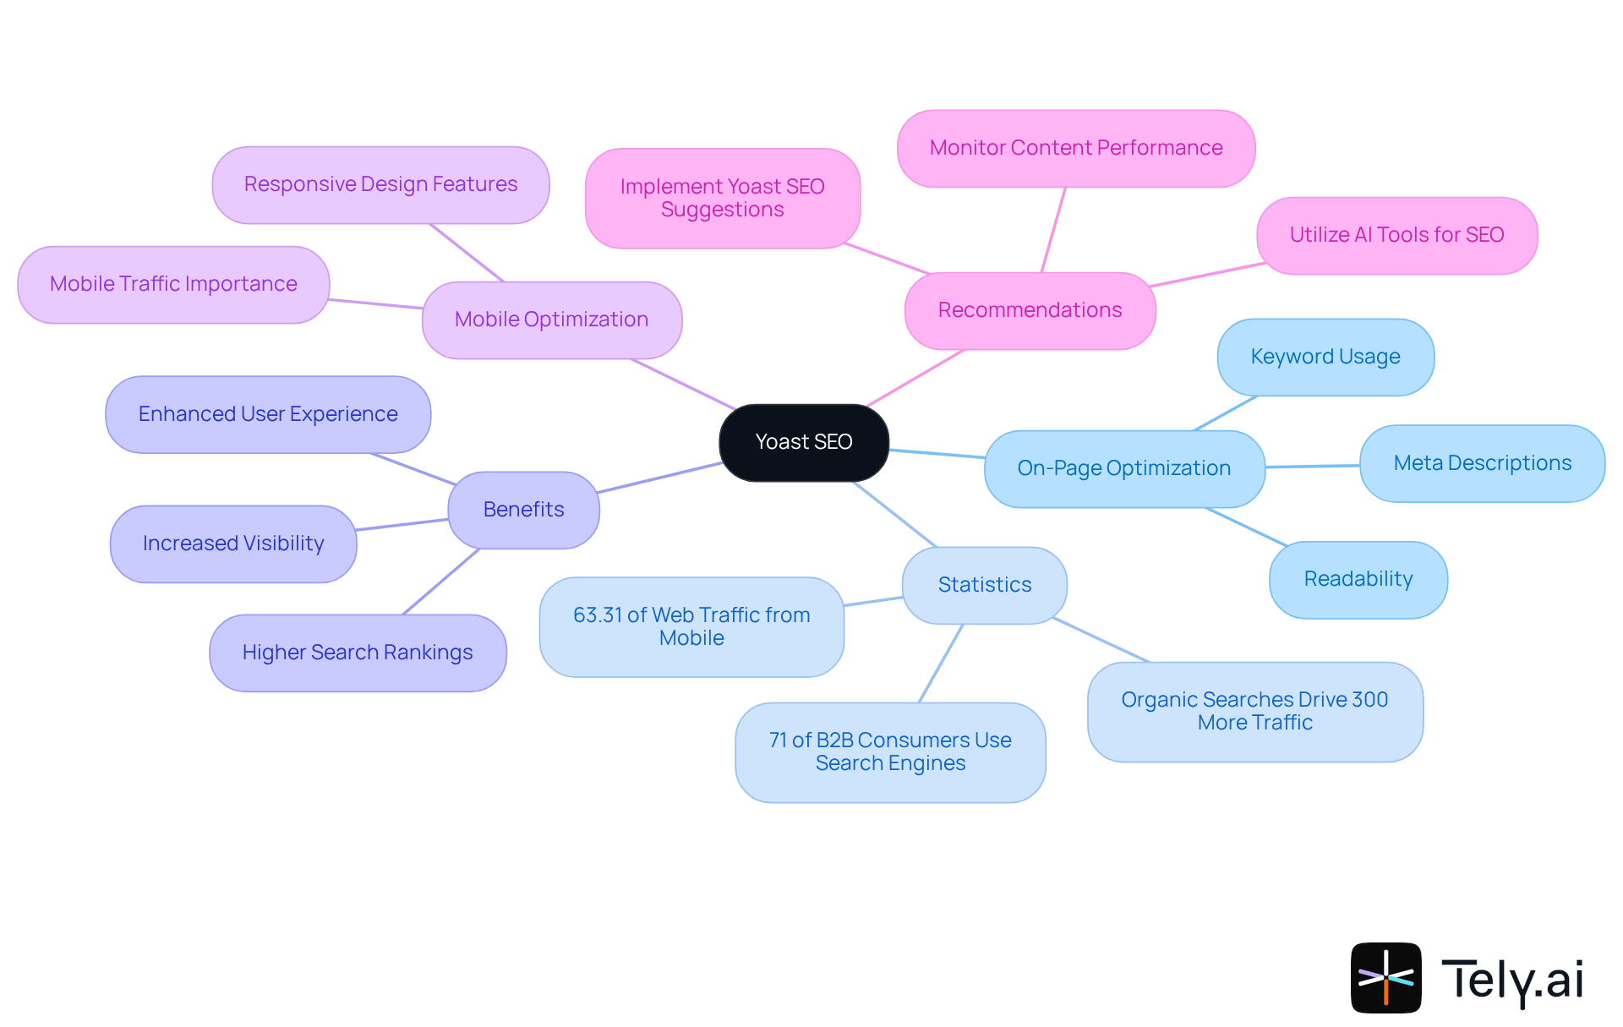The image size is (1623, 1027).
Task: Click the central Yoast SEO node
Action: pyautogui.click(x=803, y=442)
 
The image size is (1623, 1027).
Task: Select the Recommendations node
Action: pyautogui.click(x=1030, y=310)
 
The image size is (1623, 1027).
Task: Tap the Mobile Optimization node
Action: pyautogui.click(x=551, y=320)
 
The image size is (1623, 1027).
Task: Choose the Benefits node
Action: pyautogui.click(x=523, y=510)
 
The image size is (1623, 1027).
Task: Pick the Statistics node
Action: pyautogui.click(x=984, y=585)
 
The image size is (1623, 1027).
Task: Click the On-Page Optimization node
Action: pyautogui.click(x=1123, y=468)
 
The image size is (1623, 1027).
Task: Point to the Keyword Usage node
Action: pyautogui.click(x=1325, y=357)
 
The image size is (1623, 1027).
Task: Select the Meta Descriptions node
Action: pyautogui.click(x=1482, y=463)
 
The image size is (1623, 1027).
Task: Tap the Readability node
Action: pyautogui.click(x=1358, y=579)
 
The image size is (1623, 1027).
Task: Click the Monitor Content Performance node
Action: pyautogui.click(x=1075, y=148)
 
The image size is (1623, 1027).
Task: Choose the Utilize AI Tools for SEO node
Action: pyautogui.click(x=1396, y=235)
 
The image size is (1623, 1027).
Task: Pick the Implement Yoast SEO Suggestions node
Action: pyautogui.click(x=722, y=198)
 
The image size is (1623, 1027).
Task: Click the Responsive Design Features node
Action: pyautogui.click(x=380, y=184)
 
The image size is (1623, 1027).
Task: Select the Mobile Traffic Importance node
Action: pyautogui.click(x=173, y=284)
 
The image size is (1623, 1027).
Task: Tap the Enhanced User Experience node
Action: pyautogui.click(x=268, y=414)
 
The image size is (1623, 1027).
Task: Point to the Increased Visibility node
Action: pyautogui.click(x=233, y=544)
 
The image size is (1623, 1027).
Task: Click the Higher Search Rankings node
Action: pyautogui.click(x=358, y=653)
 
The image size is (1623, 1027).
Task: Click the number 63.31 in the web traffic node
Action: pyautogui.click(x=597, y=615)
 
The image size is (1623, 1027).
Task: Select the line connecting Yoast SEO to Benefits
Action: pyautogui.click(x=659, y=478)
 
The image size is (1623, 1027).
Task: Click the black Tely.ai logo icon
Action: pyautogui.click(x=1385, y=977)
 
